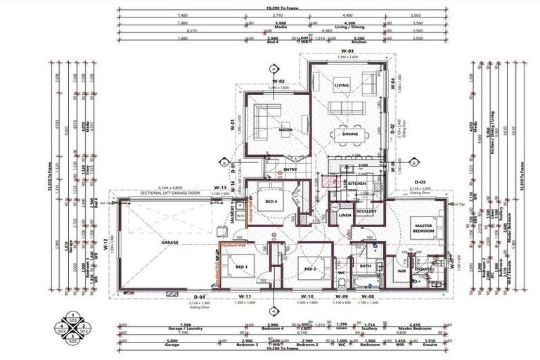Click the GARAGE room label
point(169,243)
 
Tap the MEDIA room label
point(285,130)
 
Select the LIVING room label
point(342,86)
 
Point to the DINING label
point(349,134)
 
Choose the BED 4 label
point(271,202)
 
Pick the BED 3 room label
point(241,267)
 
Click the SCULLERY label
point(366,211)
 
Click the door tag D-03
point(419,181)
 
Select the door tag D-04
point(199,297)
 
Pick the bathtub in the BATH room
point(366,283)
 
